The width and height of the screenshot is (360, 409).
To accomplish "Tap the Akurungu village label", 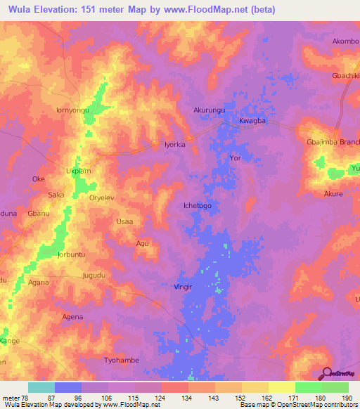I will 210,110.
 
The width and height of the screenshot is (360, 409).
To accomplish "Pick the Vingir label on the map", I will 183,287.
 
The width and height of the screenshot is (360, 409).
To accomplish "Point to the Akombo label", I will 345,41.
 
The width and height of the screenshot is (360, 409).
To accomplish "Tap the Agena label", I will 73,317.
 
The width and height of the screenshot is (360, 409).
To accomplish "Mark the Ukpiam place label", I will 78,171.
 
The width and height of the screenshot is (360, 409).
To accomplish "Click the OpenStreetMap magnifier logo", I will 326,372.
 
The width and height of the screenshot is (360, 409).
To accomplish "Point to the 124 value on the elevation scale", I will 160,398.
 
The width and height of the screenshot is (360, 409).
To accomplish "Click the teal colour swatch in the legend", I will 41,387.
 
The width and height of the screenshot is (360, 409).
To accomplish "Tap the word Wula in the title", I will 21,10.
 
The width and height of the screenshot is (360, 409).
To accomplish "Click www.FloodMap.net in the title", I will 213,10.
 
